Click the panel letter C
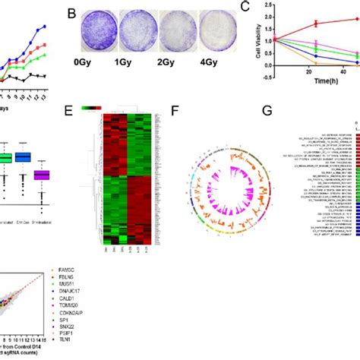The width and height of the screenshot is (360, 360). [246, 8]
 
